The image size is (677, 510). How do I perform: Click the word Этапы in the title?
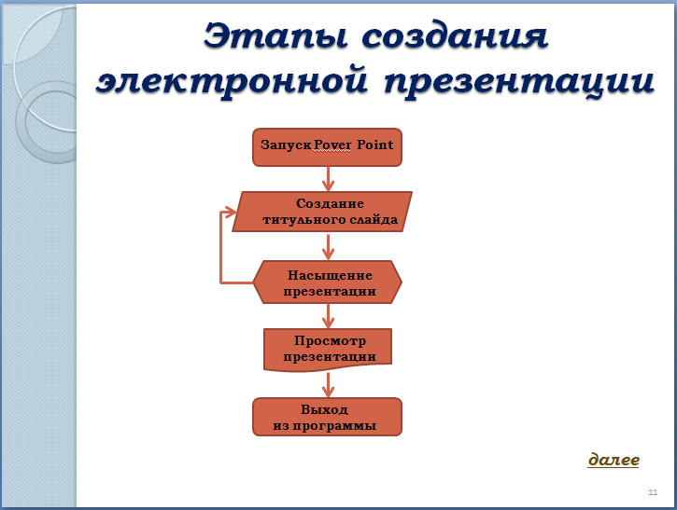[275, 36]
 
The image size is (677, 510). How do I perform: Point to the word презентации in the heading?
[519, 83]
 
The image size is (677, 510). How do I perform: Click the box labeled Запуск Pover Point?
[327, 147]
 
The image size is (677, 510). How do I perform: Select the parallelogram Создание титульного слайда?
[322, 212]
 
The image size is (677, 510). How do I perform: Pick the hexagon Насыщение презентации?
[327, 283]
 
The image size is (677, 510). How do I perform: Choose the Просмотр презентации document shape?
[328, 350]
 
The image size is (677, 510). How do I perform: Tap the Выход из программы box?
[327, 417]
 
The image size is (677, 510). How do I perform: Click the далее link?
[614, 460]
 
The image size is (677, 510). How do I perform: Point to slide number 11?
[653, 492]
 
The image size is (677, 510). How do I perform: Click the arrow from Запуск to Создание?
[328, 179]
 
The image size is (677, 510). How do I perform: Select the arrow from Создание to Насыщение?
[328, 246]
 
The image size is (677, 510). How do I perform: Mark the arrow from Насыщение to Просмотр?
[328, 316]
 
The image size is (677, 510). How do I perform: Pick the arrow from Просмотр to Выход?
[328, 384]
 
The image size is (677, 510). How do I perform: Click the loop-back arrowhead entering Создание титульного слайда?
[231, 212]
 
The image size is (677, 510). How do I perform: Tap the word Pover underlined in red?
[332, 145]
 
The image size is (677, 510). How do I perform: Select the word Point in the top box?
[374, 145]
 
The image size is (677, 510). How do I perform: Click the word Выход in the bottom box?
[324, 409]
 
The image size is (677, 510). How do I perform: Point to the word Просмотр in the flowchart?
[330, 341]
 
